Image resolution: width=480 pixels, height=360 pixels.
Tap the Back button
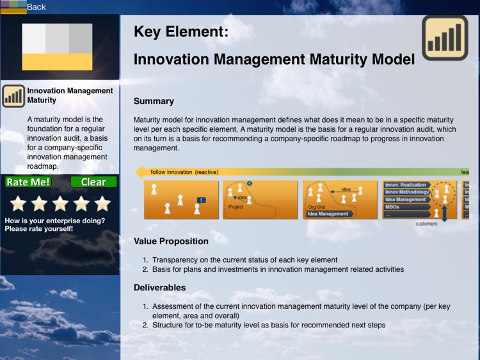[x=36, y=7]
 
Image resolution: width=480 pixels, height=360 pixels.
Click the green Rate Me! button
[x=28, y=182]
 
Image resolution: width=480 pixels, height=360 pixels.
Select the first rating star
[x=18, y=203]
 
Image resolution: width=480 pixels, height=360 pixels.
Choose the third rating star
[x=60, y=203]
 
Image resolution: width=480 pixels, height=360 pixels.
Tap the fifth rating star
[x=102, y=203]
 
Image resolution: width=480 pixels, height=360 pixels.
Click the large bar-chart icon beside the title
[x=445, y=38]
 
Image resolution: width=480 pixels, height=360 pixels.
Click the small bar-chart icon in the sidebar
[x=13, y=97]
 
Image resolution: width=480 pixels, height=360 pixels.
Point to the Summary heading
[x=154, y=101]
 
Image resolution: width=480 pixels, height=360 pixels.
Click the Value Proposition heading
[x=171, y=241]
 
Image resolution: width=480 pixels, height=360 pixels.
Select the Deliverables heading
[x=159, y=288]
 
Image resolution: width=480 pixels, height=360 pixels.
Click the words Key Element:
[x=180, y=31]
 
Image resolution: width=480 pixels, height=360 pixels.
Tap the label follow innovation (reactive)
[x=184, y=172]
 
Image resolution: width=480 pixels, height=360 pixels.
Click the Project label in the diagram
[x=236, y=207]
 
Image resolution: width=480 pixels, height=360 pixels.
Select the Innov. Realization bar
[x=406, y=185]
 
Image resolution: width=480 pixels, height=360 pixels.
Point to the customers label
[x=426, y=224]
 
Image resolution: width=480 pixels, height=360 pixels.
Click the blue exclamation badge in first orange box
[x=201, y=200]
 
